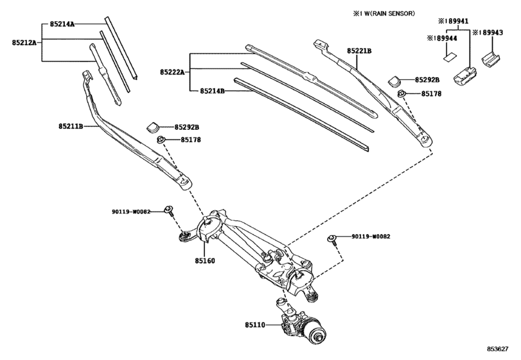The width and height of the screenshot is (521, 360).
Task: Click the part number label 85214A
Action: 62,24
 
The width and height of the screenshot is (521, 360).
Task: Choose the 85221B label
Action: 360,50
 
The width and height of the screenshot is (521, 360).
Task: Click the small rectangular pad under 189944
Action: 448,56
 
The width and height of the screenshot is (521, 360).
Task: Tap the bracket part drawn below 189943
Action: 491,59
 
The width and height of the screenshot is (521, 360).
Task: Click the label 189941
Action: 457,20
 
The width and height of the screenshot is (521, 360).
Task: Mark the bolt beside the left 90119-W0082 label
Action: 168,210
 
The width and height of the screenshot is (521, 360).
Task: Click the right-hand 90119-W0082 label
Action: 371,236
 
